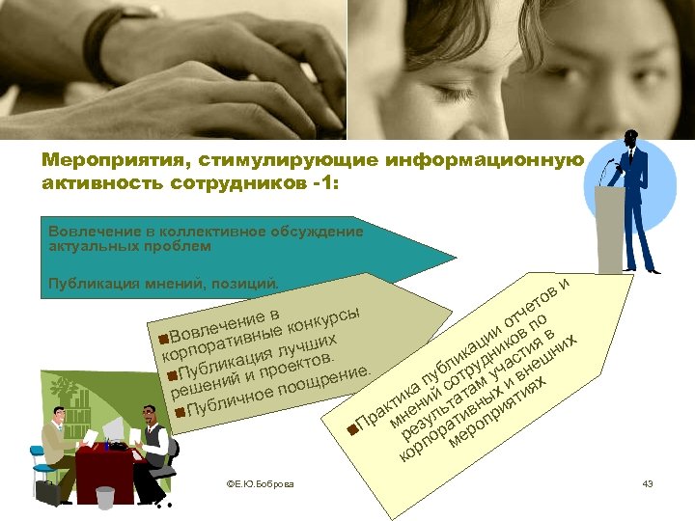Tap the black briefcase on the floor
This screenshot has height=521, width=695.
[48, 492]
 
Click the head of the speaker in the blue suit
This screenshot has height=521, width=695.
[631, 137]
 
